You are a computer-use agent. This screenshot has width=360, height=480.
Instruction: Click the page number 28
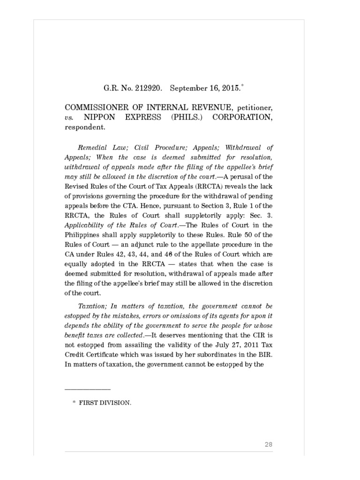269,444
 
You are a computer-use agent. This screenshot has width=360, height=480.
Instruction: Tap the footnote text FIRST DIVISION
105,402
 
